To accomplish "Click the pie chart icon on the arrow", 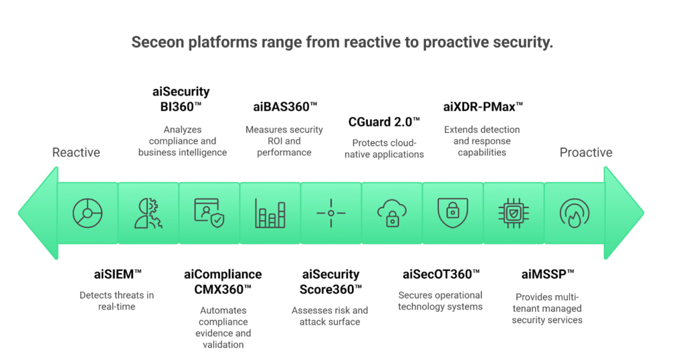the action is (x=88, y=213).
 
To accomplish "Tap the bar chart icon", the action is (x=270, y=213).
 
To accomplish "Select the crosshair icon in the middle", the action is (x=330, y=213).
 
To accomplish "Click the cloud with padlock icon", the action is (x=392, y=213).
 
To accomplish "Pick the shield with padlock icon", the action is (x=453, y=213).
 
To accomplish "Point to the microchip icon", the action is (x=514, y=213).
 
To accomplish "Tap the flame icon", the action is (x=575, y=213).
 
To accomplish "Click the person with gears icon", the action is (x=148, y=213).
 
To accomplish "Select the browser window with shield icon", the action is (x=209, y=213).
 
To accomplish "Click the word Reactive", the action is (x=76, y=153).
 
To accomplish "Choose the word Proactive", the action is (x=586, y=153).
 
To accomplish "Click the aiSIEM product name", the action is (x=118, y=274).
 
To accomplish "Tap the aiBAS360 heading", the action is (x=285, y=106).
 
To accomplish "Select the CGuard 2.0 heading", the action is (x=384, y=122).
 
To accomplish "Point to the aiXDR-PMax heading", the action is (x=483, y=106).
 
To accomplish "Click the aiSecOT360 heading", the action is (x=441, y=274).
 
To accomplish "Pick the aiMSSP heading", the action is (x=547, y=274).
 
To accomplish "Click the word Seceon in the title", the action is (x=158, y=42).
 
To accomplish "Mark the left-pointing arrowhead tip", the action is (x=18, y=213).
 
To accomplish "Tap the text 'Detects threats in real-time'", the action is (x=116, y=301).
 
